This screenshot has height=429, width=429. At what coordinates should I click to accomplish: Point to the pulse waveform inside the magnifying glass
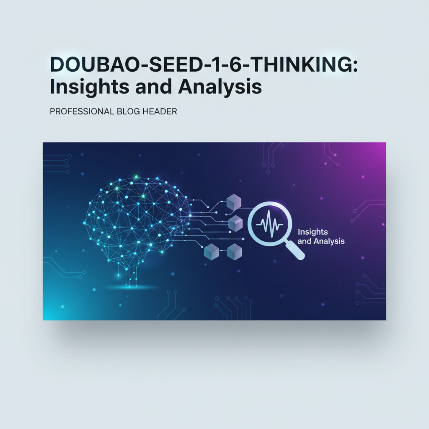click(271, 225)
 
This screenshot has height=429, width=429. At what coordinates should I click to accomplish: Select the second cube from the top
click(235, 223)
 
